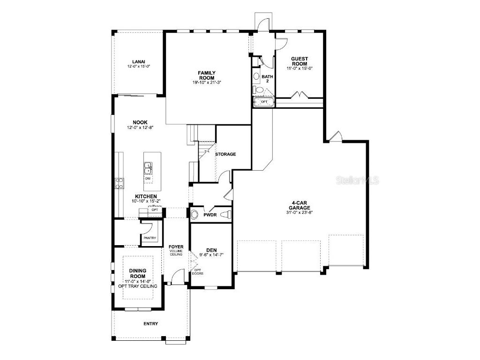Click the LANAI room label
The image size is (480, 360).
click(x=139, y=61)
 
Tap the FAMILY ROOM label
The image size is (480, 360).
click(x=207, y=75)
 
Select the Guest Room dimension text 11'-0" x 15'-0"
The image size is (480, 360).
click(x=300, y=68)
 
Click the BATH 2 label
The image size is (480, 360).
click(x=267, y=79)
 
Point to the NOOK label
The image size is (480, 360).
click(x=140, y=122)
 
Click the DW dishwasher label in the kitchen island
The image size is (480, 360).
click(x=148, y=178)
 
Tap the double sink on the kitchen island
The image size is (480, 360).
click(x=148, y=168)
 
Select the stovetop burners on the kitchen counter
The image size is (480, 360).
click(x=120, y=183)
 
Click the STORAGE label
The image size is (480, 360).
click(x=225, y=154)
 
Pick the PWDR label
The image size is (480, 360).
click(x=210, y=215)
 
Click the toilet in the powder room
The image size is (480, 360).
click(x=226, y=215)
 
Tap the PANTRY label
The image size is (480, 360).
click(x=150, y=238)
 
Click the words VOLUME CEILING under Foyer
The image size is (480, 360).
click(x=176, y=253)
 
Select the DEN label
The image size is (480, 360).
click(x=211, y=250)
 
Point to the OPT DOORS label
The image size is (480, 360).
click(x=197, y=271)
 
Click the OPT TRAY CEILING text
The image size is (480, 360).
click(x=138, y=286)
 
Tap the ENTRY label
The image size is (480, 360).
click(x=151, y=323)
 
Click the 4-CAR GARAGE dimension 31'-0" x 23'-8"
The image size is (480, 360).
click(x=300, y=212)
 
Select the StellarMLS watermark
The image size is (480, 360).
click(x=358, y=180)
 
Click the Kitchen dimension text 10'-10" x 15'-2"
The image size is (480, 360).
click(x=146, y=201)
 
